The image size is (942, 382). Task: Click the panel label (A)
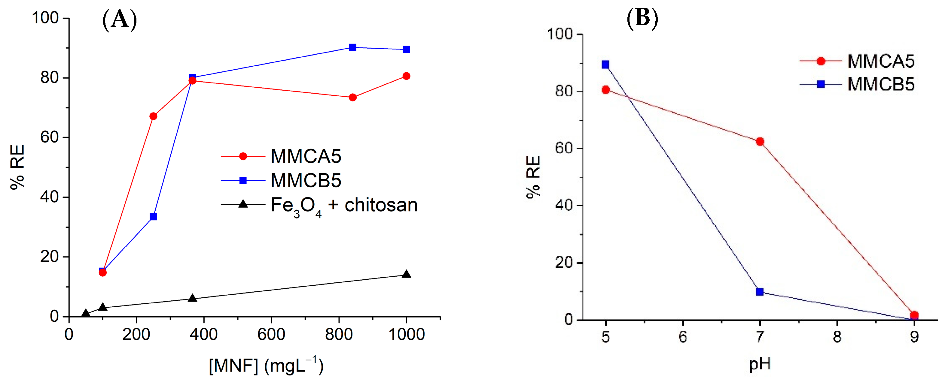pyautogui.click(x=120, y=20)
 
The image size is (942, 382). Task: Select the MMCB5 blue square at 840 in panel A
pyautogui.click(x=352, y=47)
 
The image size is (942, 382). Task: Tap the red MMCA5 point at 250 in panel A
pyautogui.click(x=153, y=116)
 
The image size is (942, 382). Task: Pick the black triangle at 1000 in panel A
pyautogui.click(x=406, y=274)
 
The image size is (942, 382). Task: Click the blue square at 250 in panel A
pyautogui.click(x=153, y=217)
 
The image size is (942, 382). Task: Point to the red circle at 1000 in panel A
pyautogui.click(x=406, y=76)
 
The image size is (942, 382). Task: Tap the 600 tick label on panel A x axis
pyautogui.click(x=271, y=335)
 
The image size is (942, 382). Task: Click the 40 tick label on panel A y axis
pyautogui.click(x=49, y=197)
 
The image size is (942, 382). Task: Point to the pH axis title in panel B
pyautogui.click(x=760, y=364)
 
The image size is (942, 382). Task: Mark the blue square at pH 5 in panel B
pyautogui.click(x=605, y=65)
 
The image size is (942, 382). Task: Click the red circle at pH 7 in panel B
pyautogui.click(x=760, y=142)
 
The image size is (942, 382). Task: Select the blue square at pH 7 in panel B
pyautogui.click(x=760, y=291)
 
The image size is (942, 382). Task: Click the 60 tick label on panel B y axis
pyautogui.click(x=563, y=149)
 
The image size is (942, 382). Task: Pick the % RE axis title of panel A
pyautogui.click(x=17, y=167)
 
